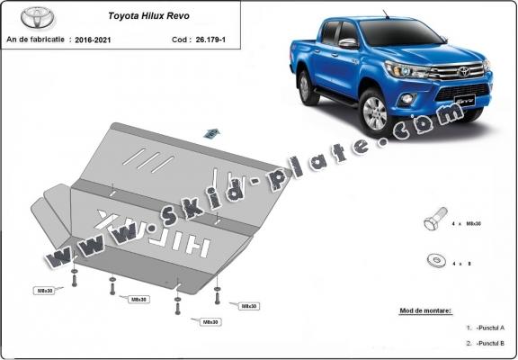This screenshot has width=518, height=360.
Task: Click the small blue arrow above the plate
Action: [x=212, y=132]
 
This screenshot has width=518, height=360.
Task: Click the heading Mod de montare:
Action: [x=425, y=310]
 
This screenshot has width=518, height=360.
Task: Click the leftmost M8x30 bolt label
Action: [x=44, y=291]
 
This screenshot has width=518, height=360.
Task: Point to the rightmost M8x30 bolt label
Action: [x=249, y=306]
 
